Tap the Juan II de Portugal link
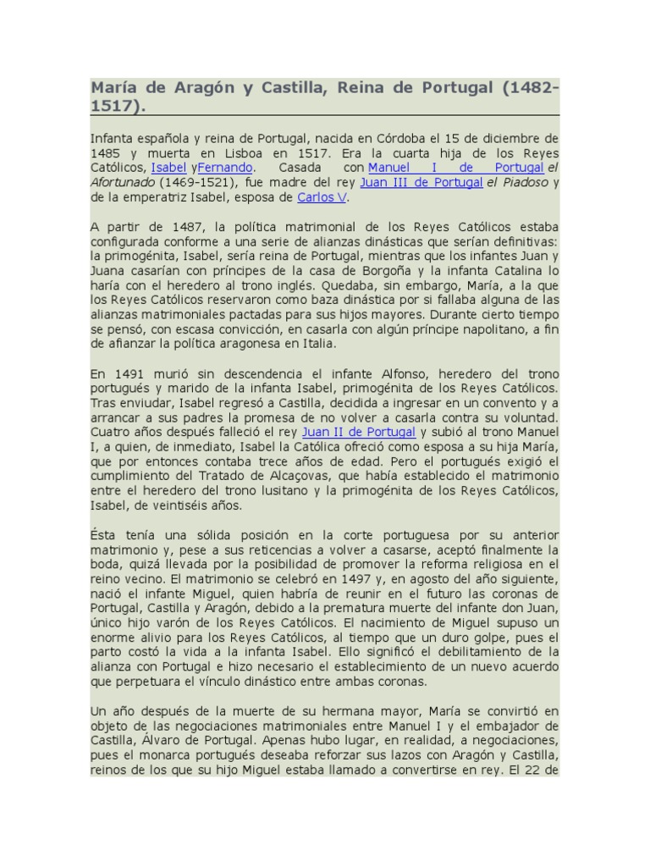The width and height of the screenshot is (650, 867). click(x=358, y=432)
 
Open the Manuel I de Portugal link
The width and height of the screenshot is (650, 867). click(x=455, y=168)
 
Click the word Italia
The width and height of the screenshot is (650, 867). click(x=319, y=344)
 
